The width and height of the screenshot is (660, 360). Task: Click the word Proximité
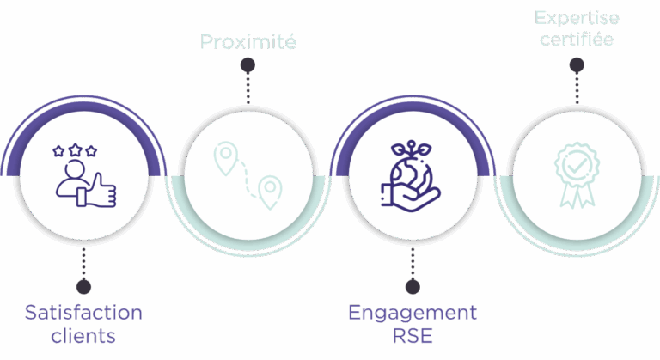(247, 41)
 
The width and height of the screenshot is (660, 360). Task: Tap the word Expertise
(577, 17)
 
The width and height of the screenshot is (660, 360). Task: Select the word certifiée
(577, 40)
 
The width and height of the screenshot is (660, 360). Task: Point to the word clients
(83, 335)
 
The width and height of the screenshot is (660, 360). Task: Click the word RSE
(412, 335)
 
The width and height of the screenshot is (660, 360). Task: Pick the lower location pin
(270, 188)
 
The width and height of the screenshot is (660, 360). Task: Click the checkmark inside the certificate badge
(576, 163)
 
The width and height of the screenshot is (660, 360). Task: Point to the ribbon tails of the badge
(576, 195)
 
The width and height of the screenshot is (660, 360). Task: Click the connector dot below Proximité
(247, 65)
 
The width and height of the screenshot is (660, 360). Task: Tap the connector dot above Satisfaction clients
(83, 286)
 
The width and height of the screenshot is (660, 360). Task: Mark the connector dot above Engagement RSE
(412, 286)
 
